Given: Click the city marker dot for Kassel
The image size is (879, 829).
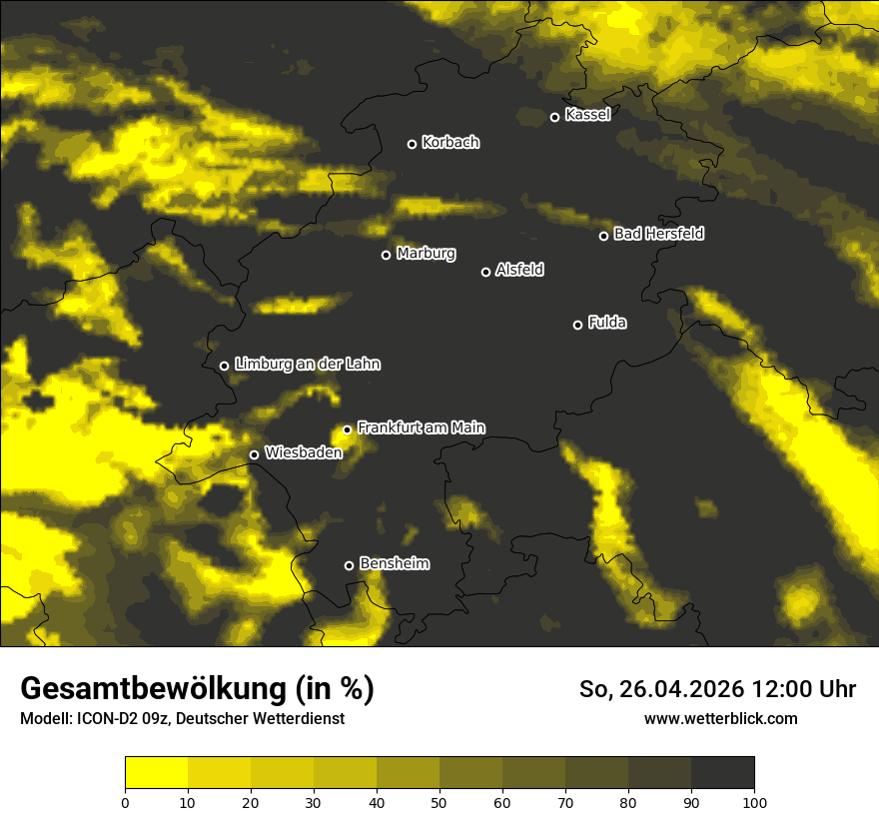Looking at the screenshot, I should (x=555, y=117).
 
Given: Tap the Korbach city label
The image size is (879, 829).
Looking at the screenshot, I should (x=450, y=143).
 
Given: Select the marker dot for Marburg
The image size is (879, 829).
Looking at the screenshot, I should (x=387, y=255).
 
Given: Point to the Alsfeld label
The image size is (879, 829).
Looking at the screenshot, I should (x=519, y=271).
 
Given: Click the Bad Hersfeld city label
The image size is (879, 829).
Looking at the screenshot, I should (x=658, y=234).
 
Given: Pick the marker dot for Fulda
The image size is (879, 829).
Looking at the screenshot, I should (x=577, y=325).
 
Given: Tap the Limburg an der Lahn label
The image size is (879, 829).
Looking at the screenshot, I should (x=307, y=365).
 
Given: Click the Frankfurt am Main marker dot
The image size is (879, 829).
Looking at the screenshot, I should (x=348, y=429).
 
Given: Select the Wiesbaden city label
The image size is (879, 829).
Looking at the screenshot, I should (x=303, y=453).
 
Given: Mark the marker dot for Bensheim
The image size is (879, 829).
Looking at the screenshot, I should (x=349, y=565).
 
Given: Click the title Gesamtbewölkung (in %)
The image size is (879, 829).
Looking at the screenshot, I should (x=197, y=689).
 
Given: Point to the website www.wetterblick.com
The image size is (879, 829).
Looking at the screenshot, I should (x=720, y=718).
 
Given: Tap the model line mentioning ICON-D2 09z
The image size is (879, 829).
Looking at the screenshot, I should (x=182, y=719).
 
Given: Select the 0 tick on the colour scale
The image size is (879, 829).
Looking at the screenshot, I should (x=125, y=801).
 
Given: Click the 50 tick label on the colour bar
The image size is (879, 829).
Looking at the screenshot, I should (x=439, y=801).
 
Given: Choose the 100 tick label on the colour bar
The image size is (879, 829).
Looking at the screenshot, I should (x=754, y=801).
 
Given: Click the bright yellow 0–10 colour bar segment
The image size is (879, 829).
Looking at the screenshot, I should (x=156, y=773).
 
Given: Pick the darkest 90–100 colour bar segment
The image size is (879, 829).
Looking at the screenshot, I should (x=722, y=773).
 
